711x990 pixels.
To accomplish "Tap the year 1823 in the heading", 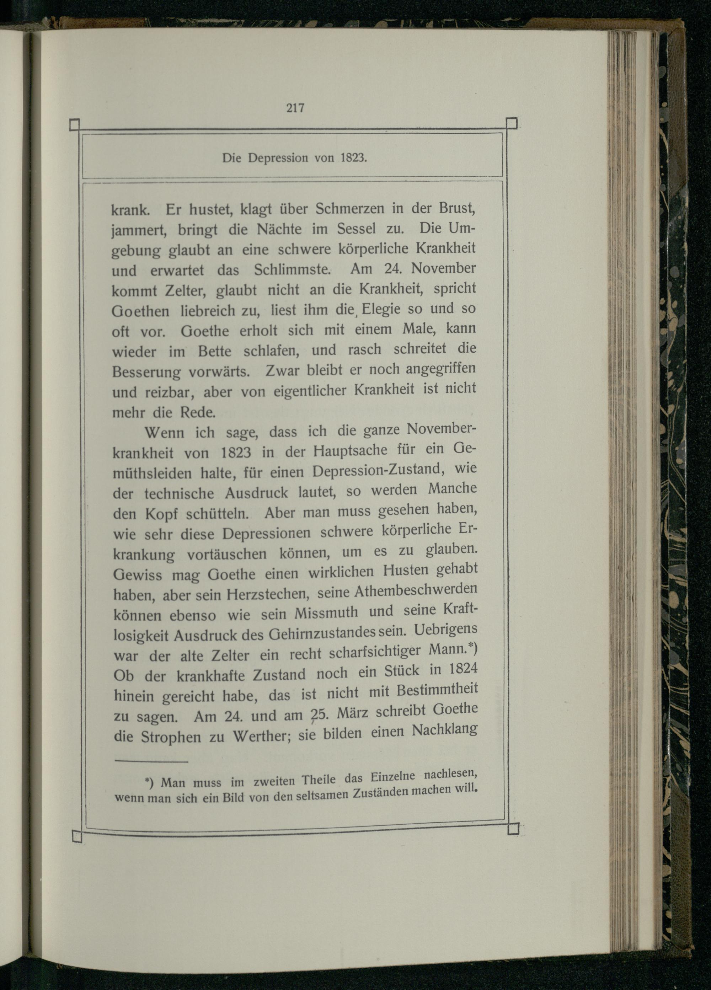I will pos(352,157).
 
